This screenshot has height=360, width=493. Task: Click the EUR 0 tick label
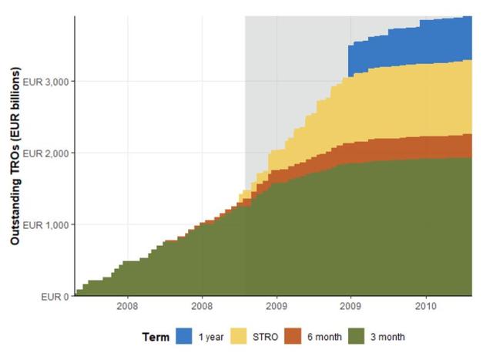(54, 296)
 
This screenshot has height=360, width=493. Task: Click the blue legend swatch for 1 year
(184, 336)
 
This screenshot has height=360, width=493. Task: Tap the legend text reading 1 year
(212, 337)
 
